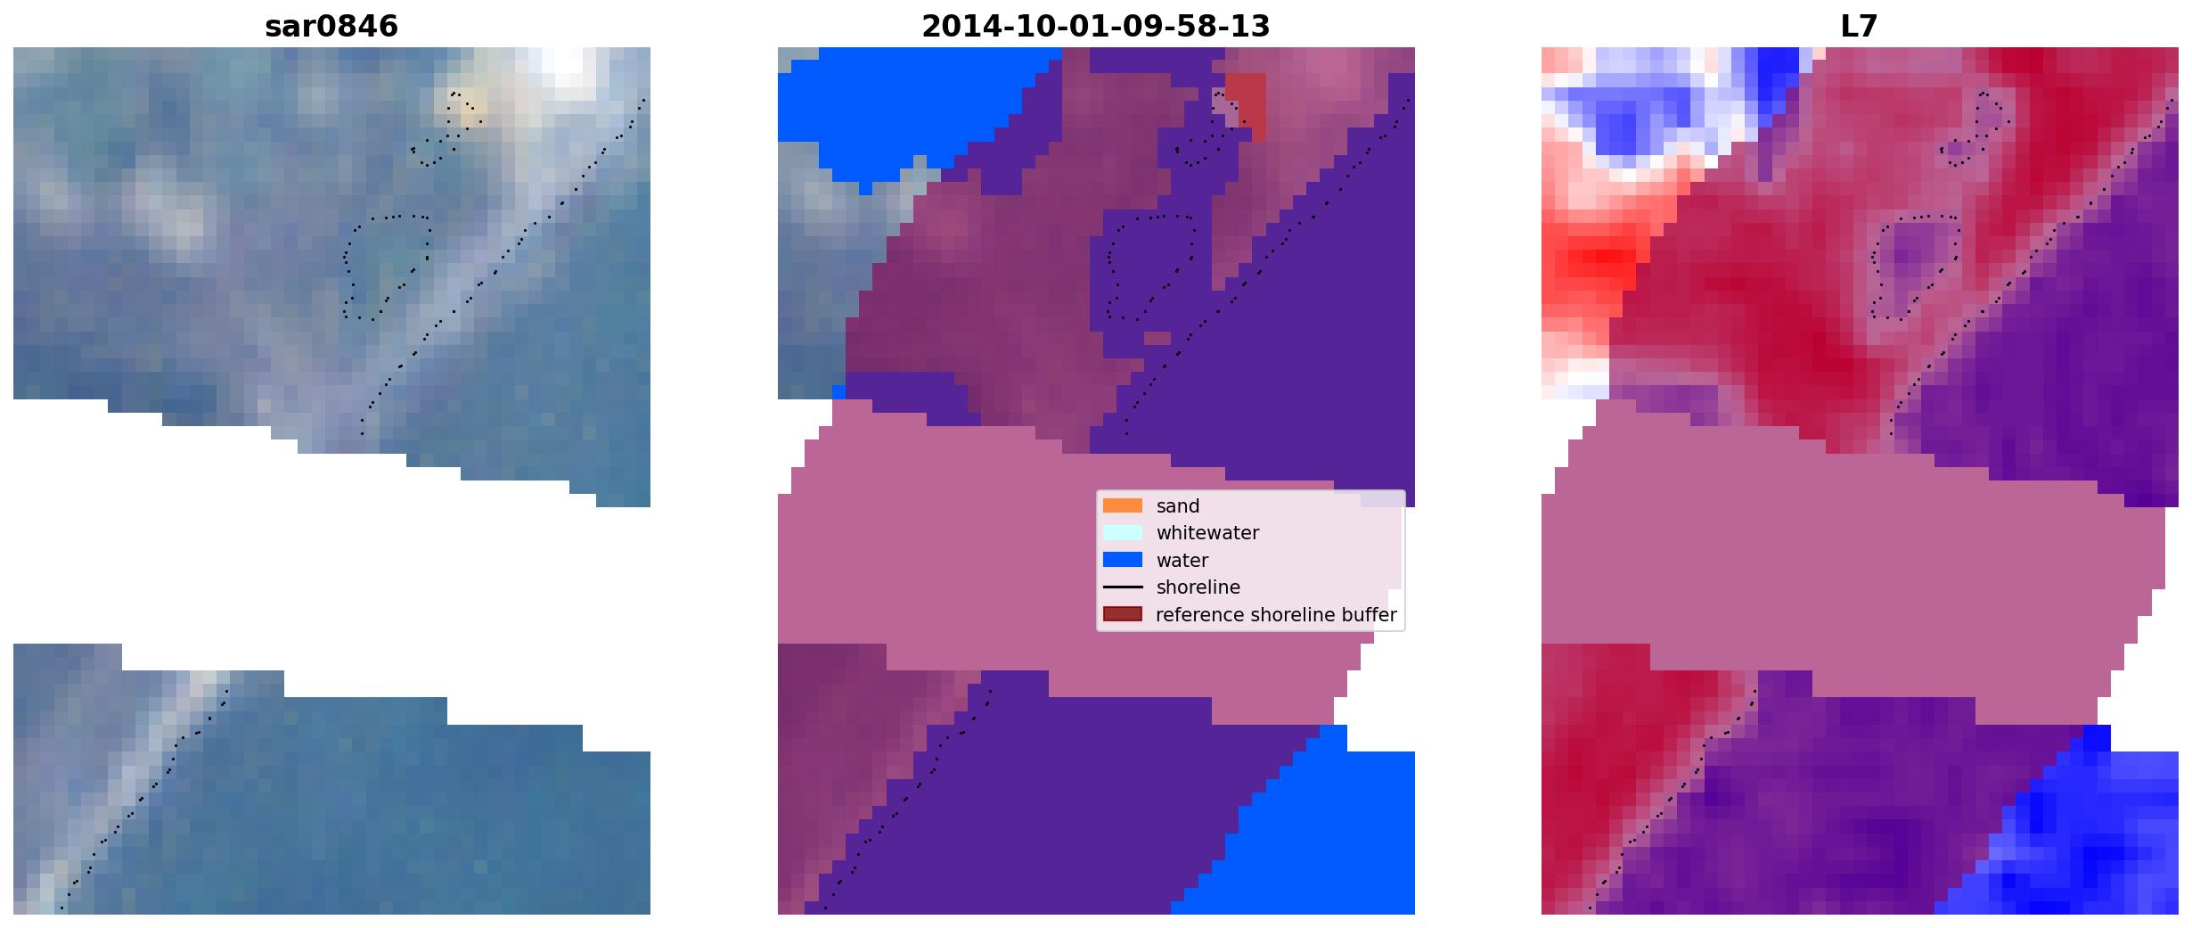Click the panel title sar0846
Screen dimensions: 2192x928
coord(331,27)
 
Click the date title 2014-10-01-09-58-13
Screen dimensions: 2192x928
coord(1095,27)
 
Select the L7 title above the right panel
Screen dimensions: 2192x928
coord(1859,27)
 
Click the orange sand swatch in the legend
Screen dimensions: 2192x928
coord(1123,505)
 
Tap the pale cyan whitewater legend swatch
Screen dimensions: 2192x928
coord(1123,533)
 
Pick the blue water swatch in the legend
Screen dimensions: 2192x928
coord(1123,560)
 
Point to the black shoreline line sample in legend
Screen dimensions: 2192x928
coord(1123,587)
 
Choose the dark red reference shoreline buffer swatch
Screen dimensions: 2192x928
coord(1123,614)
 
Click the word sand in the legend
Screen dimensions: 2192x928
coord(1178,506)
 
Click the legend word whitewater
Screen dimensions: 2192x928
coord(1207,533)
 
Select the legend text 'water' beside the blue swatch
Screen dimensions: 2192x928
coord(1182,561)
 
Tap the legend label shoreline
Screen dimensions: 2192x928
coord(1198,587)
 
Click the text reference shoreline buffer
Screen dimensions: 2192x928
coord(1276,615)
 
